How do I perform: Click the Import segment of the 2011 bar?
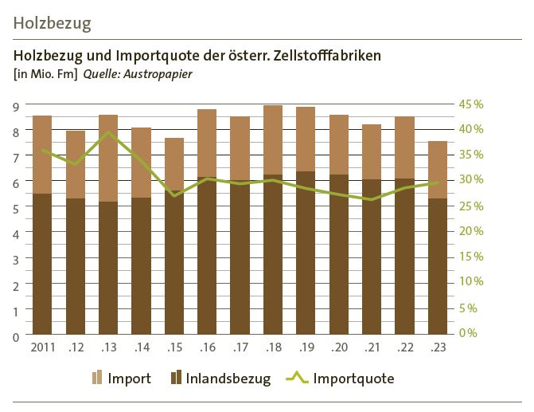(42, 155)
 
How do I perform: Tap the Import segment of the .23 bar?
(437, 170)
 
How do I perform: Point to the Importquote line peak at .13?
(109, 132)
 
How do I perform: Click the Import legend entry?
(122, 379)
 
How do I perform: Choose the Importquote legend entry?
(341, 379)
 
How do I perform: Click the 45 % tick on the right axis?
(471, 104)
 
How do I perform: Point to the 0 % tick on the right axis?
(468, 333)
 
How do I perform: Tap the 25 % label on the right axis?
(471, 206)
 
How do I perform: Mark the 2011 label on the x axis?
(42, 347)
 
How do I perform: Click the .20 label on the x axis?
(339, 347)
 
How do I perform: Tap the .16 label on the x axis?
(207, 347)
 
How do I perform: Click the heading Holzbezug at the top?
(53, 23)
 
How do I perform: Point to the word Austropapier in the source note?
(163, 75)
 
